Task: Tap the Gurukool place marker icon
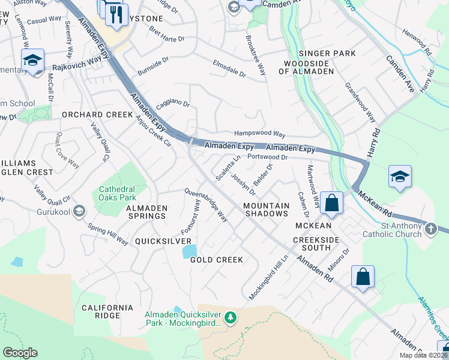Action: click(79, 211)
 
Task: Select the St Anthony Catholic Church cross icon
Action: click(430, 229)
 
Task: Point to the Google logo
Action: click(20, 353)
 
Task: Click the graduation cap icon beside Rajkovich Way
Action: click(32, 59)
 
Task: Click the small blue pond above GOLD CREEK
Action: click(189, 250)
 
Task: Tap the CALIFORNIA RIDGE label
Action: click(108, 311)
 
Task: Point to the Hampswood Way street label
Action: click(259, 134)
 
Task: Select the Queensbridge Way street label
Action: click(206, 205)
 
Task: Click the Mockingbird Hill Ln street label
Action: click(269, 277)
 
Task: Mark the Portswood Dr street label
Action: click(268, 157)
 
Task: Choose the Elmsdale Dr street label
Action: click(229, 68)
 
